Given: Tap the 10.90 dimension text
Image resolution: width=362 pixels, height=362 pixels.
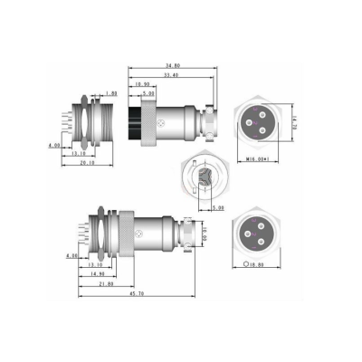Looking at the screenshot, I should pyautogui.click(x=142, y=84).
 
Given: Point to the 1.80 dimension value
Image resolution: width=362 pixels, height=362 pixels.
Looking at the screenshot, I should pyautogui.click(x=110, y=93).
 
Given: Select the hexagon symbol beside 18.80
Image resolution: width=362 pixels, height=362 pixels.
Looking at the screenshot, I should pyautogui.click(x=246, y=264).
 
